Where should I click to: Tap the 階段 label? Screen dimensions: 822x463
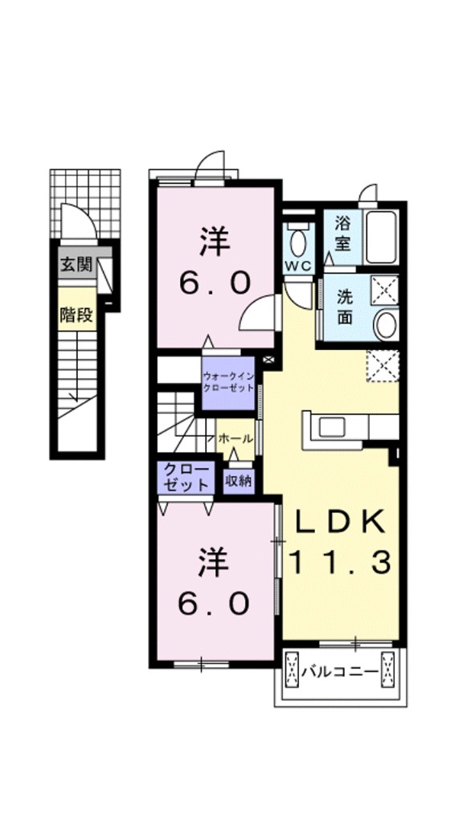76,315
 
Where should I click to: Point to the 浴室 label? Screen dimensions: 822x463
343,234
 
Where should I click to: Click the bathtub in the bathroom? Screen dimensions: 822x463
381,237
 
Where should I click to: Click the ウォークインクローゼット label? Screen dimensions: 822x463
228,381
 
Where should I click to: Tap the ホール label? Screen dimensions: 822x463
236,439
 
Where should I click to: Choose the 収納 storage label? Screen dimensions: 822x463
238,482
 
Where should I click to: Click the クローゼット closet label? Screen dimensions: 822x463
186,478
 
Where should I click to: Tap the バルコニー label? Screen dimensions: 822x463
340,671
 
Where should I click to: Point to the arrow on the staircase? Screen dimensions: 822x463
74,393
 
